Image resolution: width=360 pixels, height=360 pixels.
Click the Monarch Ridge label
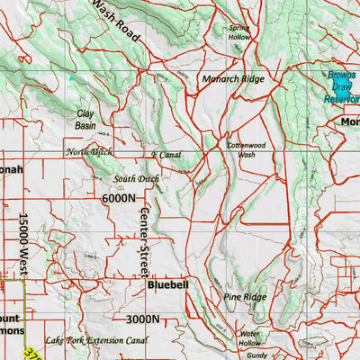pyautogui.click(x=233, y=79)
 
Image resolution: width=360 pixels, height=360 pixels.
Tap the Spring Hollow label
pyautogui.click(x=239, y=33)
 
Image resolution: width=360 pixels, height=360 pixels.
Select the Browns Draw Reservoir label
pyautogui.click(x=342, y=87)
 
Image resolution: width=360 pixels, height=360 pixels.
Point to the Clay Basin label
pyautogui.click(x=85, y=120)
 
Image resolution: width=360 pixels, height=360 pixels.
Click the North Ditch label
pyautogui.click(x=89, y=152)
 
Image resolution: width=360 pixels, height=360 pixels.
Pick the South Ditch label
pyautogui.click(x=136, y=179)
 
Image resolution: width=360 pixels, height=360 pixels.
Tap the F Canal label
pyautogui.click(x=166, y=155)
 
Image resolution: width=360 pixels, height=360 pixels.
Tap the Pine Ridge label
pyautogui.click(x=245, y=296)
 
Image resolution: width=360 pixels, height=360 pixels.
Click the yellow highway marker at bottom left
pyautogui.click(x=32, y=353)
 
